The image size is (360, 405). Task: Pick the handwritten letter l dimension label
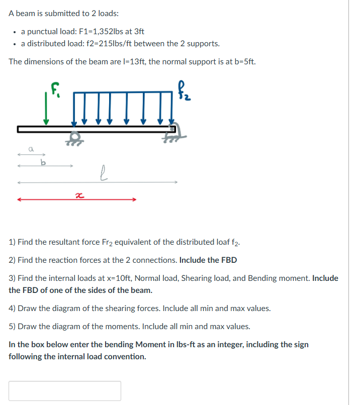103,174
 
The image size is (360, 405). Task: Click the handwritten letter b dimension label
44,161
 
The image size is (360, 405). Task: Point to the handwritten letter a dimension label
31,149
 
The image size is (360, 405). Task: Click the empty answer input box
65,390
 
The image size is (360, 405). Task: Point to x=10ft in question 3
119,278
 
